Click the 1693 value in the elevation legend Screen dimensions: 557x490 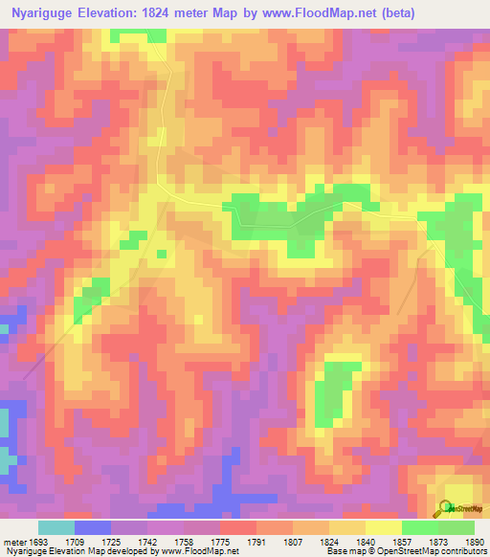coord(37,542)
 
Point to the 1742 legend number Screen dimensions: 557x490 coord(148,542)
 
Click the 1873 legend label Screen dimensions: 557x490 coord(439,542)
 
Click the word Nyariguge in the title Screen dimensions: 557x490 coord(44,14)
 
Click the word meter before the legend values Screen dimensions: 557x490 coord(12,542)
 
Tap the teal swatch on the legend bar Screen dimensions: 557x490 coord(56,527)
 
